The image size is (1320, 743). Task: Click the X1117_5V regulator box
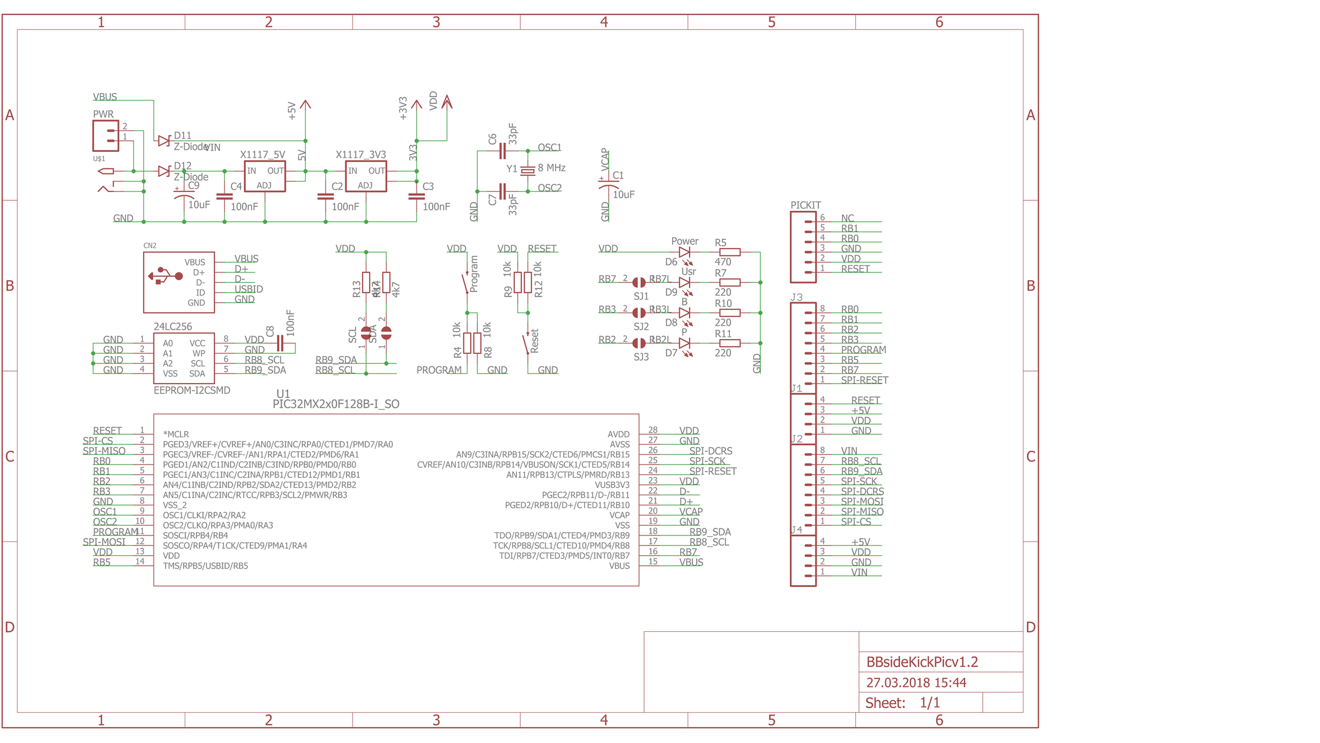265,177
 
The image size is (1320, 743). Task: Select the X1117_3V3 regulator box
366,177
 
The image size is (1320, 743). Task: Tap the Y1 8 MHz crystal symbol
527,171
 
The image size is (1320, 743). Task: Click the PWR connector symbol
106,135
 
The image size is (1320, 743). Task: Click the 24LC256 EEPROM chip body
184,358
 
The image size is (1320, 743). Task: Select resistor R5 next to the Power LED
730,252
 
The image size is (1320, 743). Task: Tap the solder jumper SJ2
639,313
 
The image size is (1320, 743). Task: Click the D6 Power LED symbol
684,252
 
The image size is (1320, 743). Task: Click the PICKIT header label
805,205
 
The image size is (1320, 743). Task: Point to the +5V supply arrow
306,105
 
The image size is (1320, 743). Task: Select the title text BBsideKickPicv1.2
922,662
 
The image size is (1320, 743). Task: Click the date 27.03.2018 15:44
916,682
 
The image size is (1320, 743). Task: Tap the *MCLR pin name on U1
176,434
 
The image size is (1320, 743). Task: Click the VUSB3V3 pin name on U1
612,485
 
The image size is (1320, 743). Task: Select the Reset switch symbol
527,343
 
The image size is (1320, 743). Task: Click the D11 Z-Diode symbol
163,141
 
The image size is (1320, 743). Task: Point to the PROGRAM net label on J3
863,350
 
